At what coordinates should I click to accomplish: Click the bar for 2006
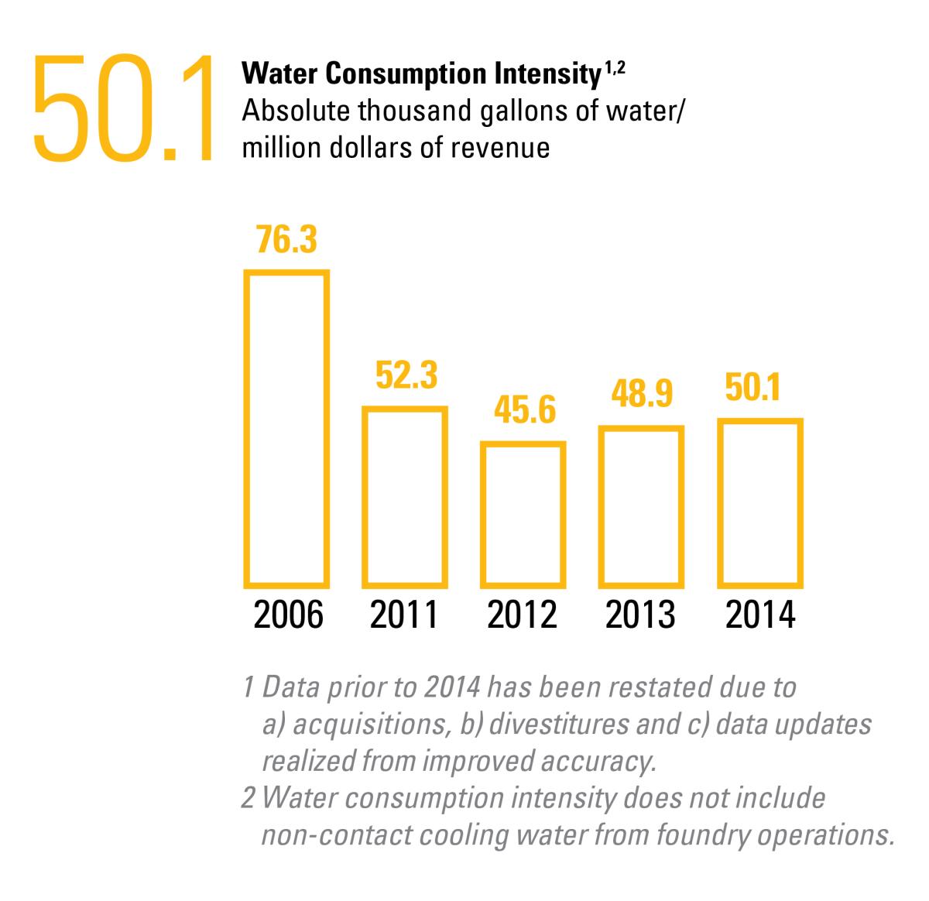click(x=246, y=430)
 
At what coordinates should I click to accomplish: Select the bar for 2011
click(x=365, y=497)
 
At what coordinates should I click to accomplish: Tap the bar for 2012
click(x=483, y=515)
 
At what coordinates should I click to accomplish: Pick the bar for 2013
click(x=602, y=507)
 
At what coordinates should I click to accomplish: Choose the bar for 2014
click(x=721, y=503)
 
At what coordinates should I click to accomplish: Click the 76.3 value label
click(x=286, y=239)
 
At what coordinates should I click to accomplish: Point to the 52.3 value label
click(x=406, y=375)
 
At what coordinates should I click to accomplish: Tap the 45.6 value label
click(x=525, y=410)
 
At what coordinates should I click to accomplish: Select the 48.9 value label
click(x=642, y=394)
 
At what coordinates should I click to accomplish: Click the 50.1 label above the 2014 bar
click(x=752, y=387)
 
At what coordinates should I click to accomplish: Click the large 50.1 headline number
click(x=122, y=108)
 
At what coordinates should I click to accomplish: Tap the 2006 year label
click(x=288, y=615)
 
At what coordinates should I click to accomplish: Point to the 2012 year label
click(x=522, y=615)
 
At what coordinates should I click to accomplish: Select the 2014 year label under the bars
click(x=760, y=615)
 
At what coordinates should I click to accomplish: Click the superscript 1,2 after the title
click(x=615, y=68)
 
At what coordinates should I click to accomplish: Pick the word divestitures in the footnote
click(x=558, y=724)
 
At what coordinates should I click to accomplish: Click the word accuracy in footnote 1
click(x=598, y=761)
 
